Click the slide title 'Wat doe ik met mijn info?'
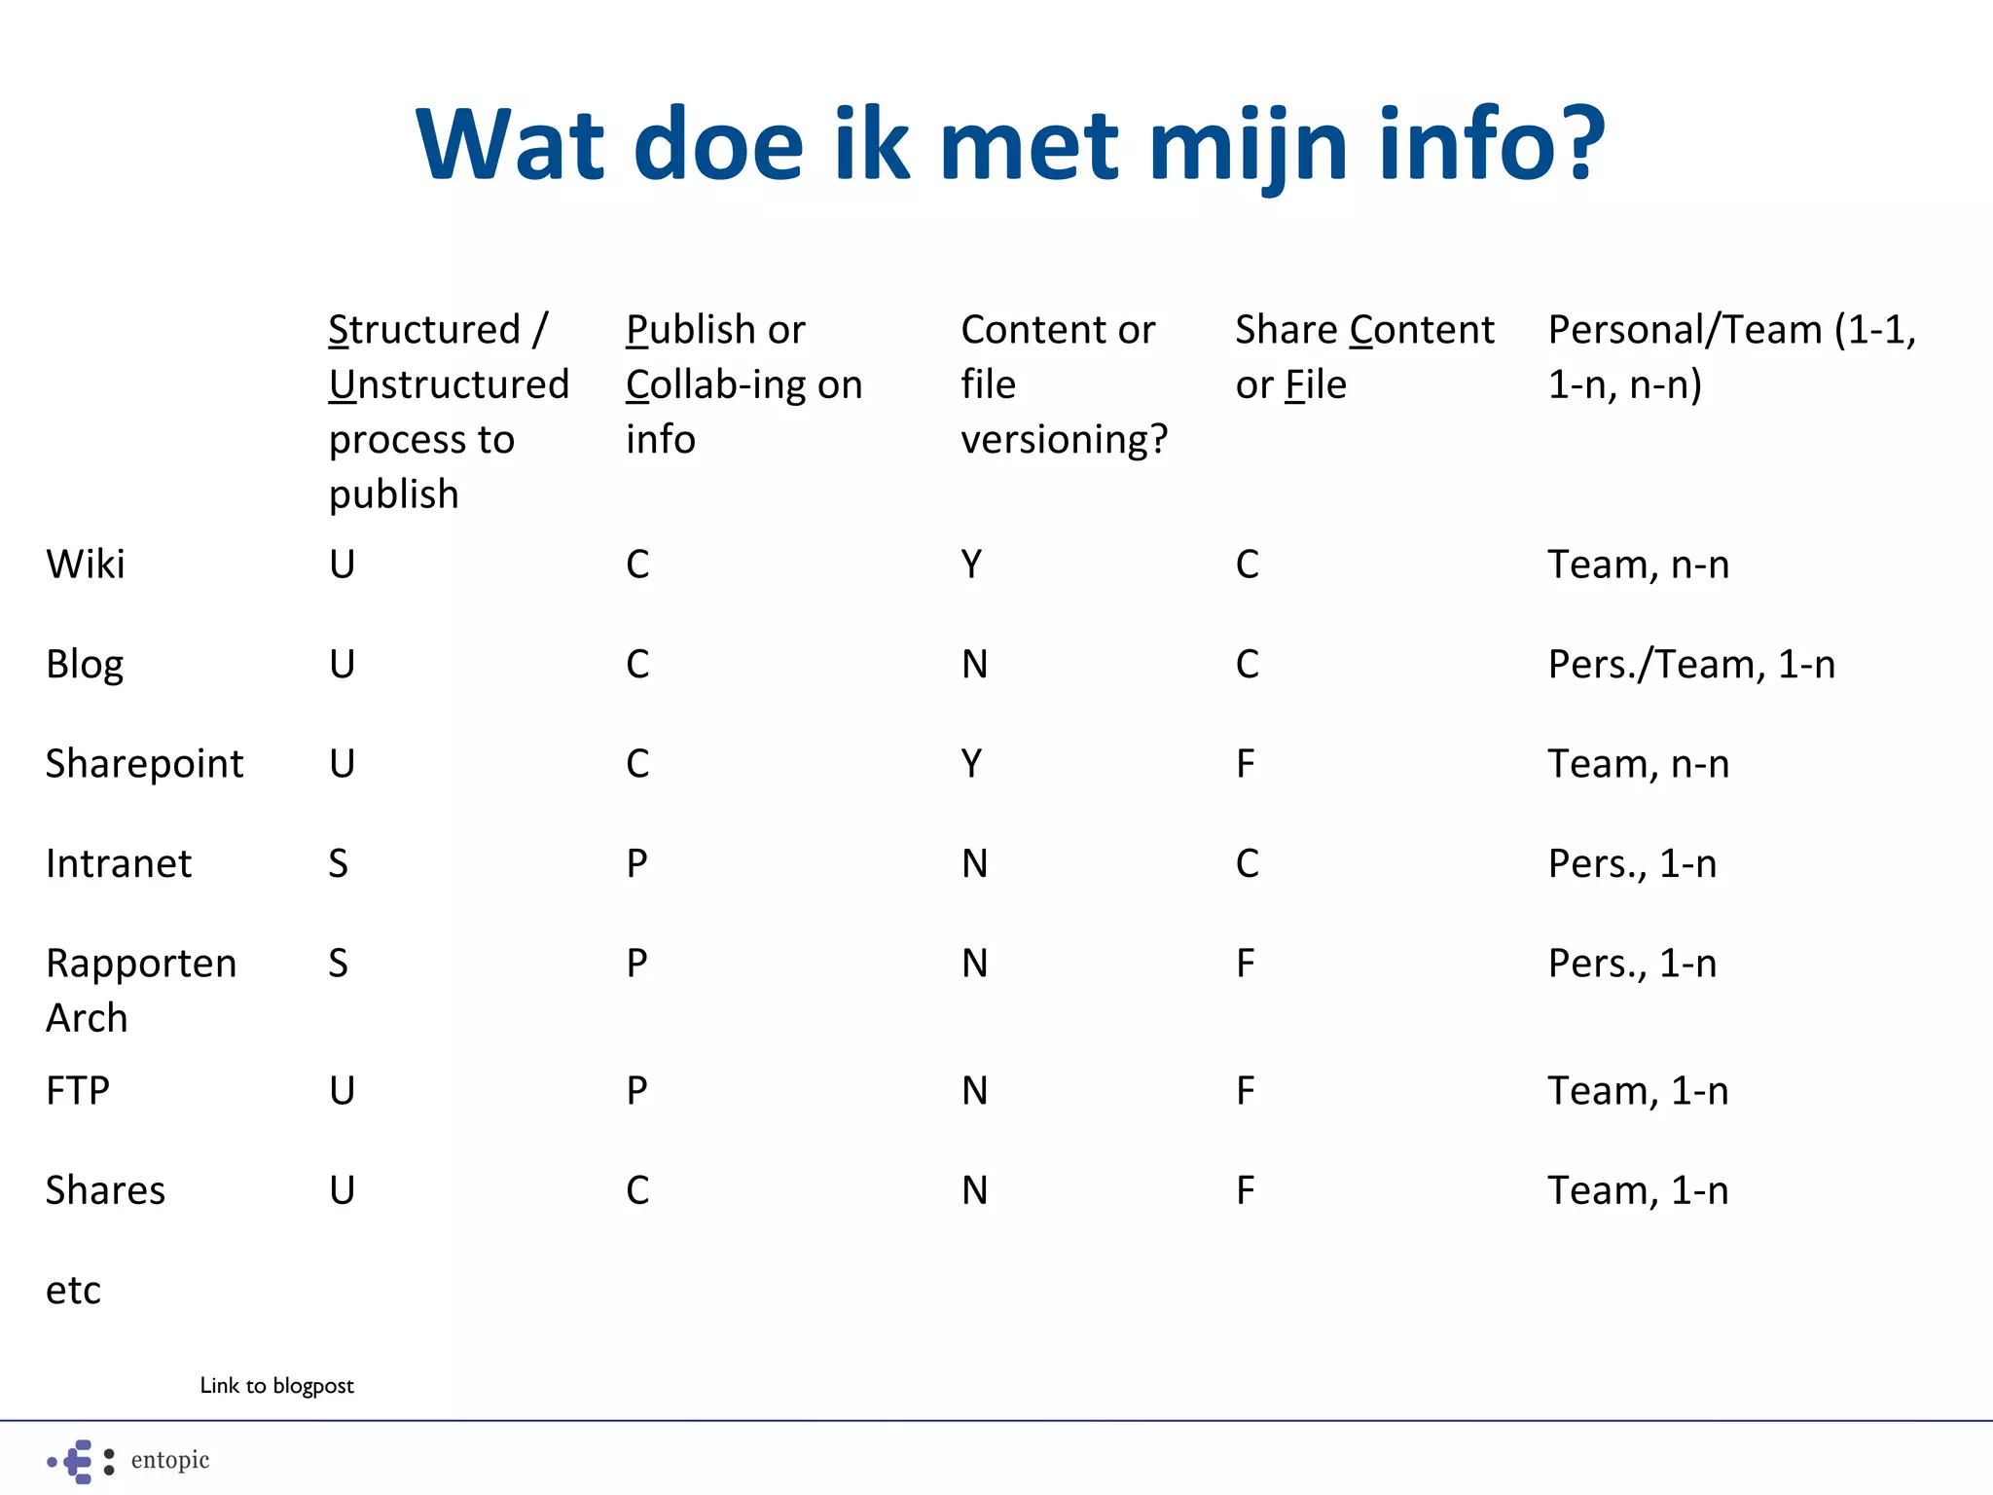1010,144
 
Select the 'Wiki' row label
86,565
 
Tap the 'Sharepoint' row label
144,764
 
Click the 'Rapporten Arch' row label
141,990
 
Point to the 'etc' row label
73,1291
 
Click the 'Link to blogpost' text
276,1385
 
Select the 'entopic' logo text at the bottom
170,1460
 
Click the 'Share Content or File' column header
1364,357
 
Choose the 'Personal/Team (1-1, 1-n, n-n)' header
1731,357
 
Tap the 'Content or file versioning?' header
1064,384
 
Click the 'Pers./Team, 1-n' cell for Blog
1691,665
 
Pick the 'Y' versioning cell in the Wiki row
971,565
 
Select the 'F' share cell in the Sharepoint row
1246,764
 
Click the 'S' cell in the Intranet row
338,864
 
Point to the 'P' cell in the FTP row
636,1091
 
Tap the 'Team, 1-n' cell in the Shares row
1638,1191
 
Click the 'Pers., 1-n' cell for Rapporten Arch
1632,964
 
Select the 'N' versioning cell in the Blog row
974,665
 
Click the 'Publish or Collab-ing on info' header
743,384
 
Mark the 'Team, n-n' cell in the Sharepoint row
1638,764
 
